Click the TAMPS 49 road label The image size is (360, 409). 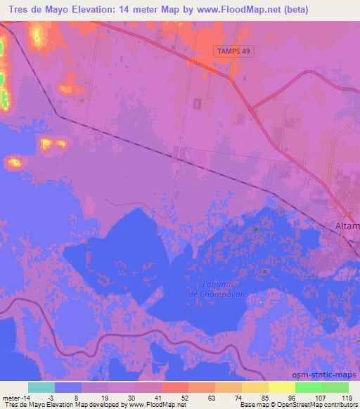tap(233, 51)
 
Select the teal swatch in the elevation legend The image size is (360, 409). tap(41, 387)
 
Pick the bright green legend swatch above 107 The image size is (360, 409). tap(309, 387)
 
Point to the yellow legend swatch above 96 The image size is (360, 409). tap(282, 387)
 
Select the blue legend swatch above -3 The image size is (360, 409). tap(68, 387)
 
